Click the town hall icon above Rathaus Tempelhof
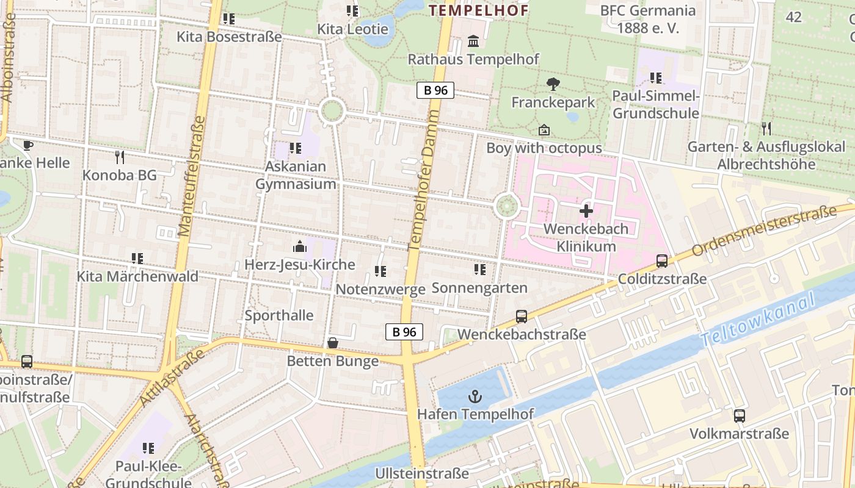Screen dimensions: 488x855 tap(473, 41)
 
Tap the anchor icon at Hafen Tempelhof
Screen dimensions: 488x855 tap(475, 397)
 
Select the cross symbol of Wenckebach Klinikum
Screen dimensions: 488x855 tap(586, 212)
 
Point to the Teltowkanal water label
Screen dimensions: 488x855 tap(759, 320)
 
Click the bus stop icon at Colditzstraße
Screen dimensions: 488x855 tap(662, 261)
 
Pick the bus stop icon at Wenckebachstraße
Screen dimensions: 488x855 tap(521, 316)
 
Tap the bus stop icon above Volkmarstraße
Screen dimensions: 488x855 tap(739, 416)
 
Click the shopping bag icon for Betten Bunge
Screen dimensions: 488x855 tap(333, 343)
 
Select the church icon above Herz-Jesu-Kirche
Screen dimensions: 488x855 tap(299, 246)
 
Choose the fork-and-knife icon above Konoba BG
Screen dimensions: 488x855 tap(120, 157)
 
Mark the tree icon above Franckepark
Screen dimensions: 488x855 tap(553, 84)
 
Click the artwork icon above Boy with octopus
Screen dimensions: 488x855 tap(544, 130)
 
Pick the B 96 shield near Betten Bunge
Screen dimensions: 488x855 tap(404, 332)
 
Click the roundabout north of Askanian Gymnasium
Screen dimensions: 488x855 tap(332, 112)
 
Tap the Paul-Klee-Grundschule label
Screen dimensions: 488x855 tap(148, 475)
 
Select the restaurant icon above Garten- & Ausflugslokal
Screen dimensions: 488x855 tap(766, 128)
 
